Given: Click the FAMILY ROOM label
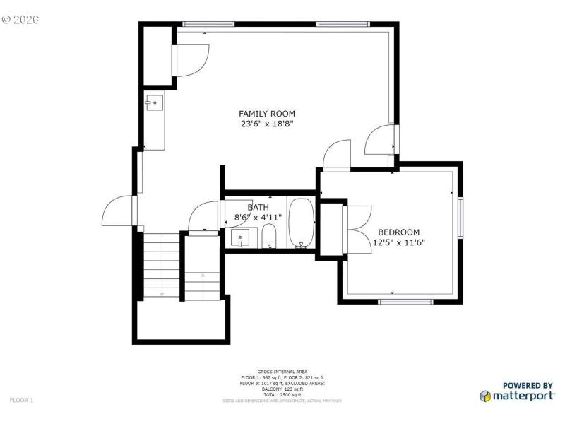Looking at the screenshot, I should [x=266, y=114].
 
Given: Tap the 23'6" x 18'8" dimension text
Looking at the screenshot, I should [x=266, y=124].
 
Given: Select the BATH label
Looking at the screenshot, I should [x=258, y=207].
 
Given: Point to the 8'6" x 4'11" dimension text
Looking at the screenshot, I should [x=258, y=218].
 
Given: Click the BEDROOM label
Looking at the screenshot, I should [x=398, y=232].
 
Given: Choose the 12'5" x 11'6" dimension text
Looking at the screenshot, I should [x=398, y=242].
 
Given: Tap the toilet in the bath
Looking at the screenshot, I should [x=268, y=239].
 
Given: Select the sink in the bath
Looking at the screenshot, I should [x=242, y=239].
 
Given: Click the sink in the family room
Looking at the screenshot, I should [x=154, y=103].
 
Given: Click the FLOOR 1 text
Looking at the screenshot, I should [x=21, y=400].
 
